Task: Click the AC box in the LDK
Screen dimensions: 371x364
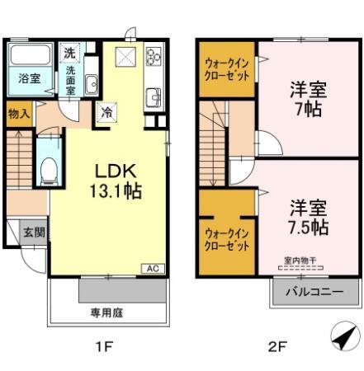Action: click(151, 269)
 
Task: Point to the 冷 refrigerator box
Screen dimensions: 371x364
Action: click(106, 112)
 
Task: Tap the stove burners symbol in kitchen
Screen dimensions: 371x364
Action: click(154, 58)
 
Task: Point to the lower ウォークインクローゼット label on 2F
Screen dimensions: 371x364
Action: click(226, 239)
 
